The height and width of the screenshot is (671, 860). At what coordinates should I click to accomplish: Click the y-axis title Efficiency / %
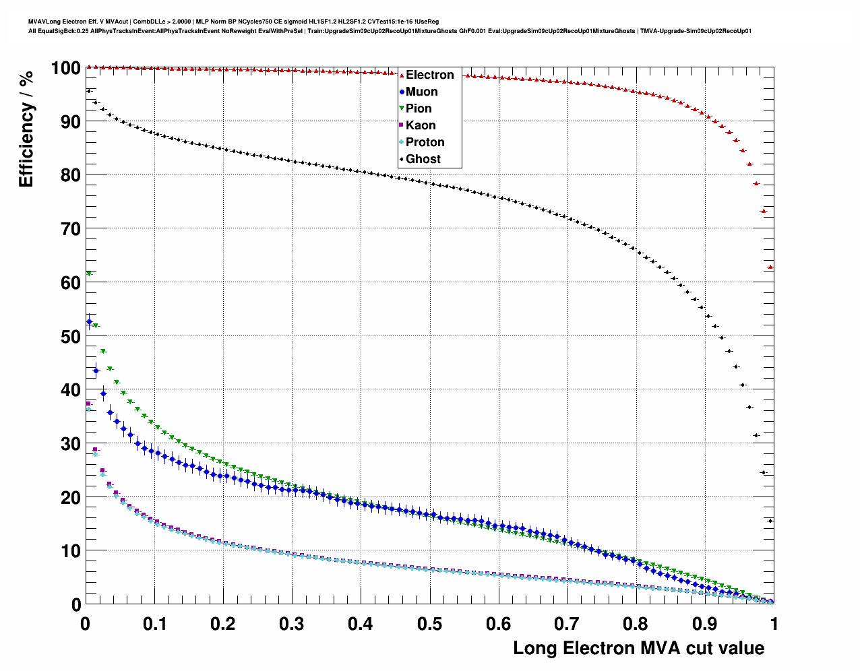click(x=26, y=129)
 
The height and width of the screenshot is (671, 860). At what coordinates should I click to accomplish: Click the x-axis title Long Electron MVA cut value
click(x=638, y=648)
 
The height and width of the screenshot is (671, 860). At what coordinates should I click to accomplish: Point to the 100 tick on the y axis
click(x=65, y=68)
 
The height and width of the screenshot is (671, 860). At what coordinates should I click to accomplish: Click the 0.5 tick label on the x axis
click(x=429, y=624)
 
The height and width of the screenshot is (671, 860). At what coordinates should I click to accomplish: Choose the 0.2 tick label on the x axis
click(x=223, y=624)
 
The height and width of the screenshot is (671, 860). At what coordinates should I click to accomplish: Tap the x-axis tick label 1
click(x=774, y=624)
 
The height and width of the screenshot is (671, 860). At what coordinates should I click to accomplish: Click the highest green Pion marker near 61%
click(x=89, y=274)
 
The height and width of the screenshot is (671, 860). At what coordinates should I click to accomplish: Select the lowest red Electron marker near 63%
click(x=770, y=267)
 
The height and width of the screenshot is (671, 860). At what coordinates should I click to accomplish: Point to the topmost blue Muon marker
click(x=89, y=322)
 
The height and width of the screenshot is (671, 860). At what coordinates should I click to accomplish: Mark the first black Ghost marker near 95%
click(x=88, y=91)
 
